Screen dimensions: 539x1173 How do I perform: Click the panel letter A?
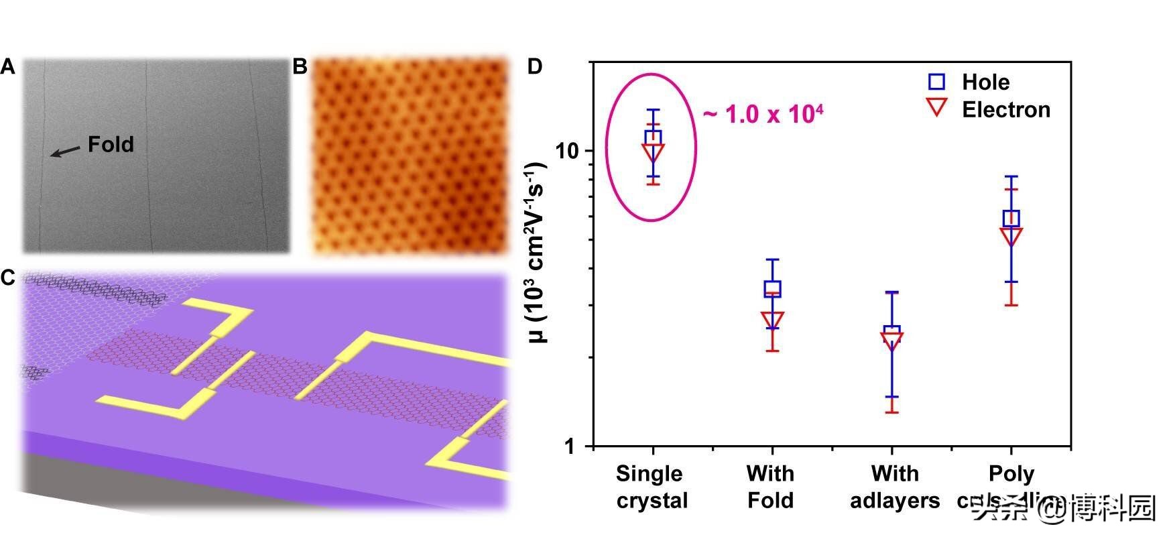(7, 67)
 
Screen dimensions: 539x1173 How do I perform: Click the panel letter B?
(300, 67)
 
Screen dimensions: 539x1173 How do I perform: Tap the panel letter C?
(7, 278)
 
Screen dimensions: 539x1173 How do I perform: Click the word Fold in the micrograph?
(111, 144)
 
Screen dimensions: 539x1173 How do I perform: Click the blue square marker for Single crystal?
(653, 137)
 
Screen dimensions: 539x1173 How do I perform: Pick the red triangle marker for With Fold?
(773, 320)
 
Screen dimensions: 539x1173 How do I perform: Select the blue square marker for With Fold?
(773, 289)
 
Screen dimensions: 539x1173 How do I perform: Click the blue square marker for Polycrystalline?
(1011, 218)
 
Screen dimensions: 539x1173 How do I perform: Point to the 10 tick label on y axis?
(567, 151)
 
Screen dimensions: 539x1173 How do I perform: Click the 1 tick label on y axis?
(570, 446)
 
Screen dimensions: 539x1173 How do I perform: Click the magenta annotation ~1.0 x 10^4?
(763, 114)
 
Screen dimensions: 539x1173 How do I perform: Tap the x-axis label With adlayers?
(894, 487)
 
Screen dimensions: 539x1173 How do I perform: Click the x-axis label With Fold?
(771, 487)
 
